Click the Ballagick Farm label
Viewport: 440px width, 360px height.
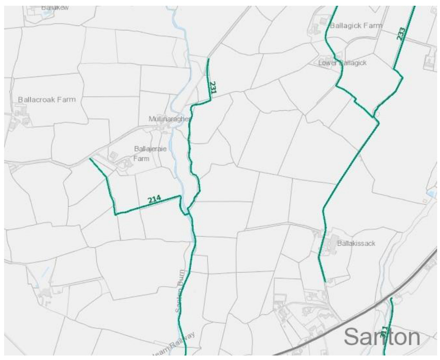(x=356, y=26)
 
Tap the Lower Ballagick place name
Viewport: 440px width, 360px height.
(x=342, y=63)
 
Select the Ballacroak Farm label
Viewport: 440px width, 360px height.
(x=47, y=100)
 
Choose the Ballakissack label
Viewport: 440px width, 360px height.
(x=356, y=244)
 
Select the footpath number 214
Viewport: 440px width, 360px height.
(x=154, y=200)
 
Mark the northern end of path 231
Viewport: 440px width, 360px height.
(x=208, y=59)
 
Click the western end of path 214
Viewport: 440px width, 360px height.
(x=90, y=159)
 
